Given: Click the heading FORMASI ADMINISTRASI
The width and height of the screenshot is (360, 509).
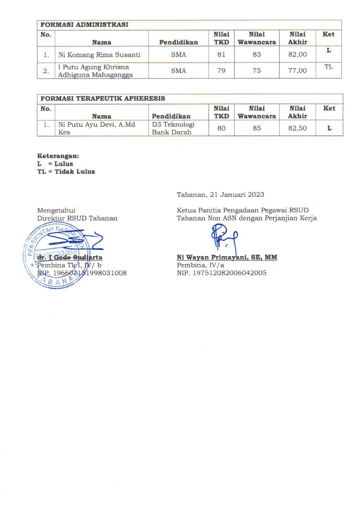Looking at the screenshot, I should pyautogui.click(x=84, y=25).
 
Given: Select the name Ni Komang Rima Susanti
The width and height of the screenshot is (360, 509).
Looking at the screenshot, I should pyautogui.click(x=99, y=55).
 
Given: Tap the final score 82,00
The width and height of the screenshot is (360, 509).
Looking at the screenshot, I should pyautogui.click(x=297, y=55).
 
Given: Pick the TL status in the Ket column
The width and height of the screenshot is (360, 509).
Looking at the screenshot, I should pyautogui.click(x=328, y=67).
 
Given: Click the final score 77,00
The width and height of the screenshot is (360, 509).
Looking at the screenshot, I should pyautogui.click(x=297, y=71).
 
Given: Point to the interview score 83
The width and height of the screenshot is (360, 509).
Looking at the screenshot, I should pyautogui.click(x=257, y=55).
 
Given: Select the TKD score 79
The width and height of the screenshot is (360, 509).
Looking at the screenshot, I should pyautogui.click(x=221, y=71).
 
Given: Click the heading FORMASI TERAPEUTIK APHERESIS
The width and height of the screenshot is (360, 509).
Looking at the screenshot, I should pyautogui.click(x=102, y=98).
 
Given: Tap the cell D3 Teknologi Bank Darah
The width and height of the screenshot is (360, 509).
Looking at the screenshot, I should pyautogui.click(x=173, y=128).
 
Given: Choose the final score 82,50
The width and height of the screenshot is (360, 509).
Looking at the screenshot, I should pyautogui.click(x=297, y=128).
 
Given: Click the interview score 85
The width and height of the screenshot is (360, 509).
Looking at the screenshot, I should pyautogui.click(x=257, y=128).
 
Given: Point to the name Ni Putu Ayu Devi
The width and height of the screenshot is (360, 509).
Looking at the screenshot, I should pyautogui.click(x=97, y=125).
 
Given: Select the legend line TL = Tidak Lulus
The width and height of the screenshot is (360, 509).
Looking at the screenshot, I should pyautogui.click(x=66, y=172).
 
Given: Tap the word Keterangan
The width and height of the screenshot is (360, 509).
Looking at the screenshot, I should pyautogui.click(x=58, y=156).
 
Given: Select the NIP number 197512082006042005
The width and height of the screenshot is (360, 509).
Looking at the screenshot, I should pyautogui.click(x=229, y=273).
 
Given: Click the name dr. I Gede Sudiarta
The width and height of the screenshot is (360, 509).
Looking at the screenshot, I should pyautogui.click(x=70, y=258).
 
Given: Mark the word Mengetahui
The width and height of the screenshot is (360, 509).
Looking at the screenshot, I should pyautogui.click(x=56, y=210).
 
